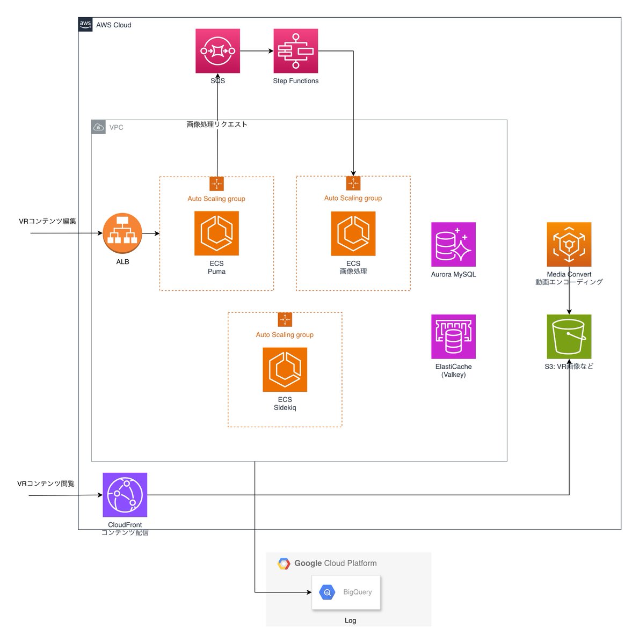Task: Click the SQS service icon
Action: pos(217,51)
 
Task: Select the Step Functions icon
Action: pos(295,51)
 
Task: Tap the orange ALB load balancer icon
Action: pos(122,233)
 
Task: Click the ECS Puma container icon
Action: pos(216,233)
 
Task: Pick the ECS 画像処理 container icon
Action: pos(353,233)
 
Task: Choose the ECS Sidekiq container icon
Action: pos(285,370)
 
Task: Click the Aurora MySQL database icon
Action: pos(453,244)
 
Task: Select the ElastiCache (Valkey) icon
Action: pos(453,336)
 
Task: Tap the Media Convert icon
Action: pos(569,244)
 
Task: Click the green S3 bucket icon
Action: pos(569,336)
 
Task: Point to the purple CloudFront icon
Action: pos(125,495)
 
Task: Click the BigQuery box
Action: pos(346,592)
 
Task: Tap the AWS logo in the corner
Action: pos(85,25)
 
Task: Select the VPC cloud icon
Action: pos(98,127)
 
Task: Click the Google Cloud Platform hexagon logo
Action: pos(284,563)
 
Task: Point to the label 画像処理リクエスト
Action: pos(217,125)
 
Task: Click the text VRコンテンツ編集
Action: pos(47,221)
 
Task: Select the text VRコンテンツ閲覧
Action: pos(46,484)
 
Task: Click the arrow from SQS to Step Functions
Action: pos(257,51)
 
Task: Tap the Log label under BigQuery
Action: pos(350,620)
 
